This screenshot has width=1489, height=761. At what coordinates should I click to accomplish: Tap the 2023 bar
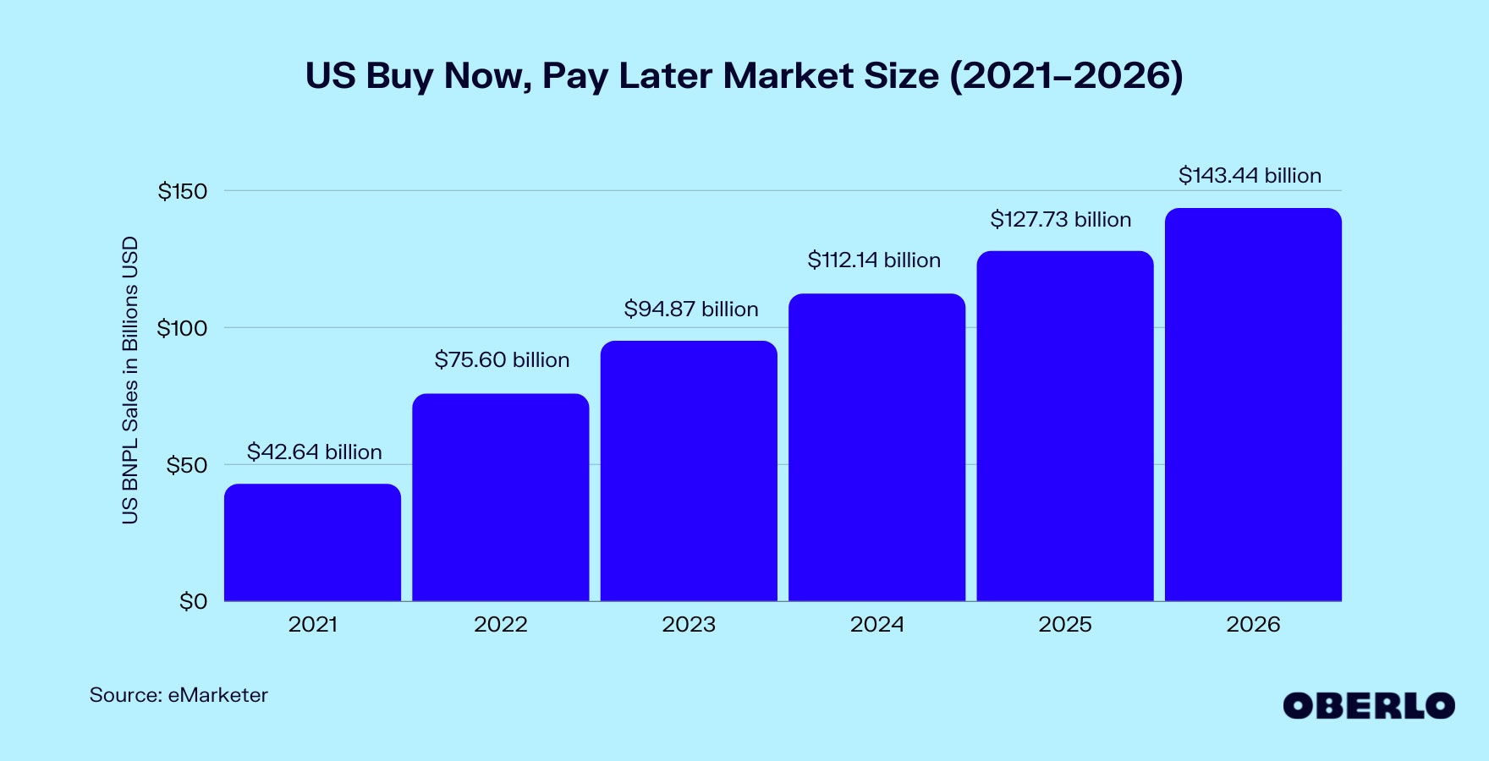pyautogui.click(x=689, y=471)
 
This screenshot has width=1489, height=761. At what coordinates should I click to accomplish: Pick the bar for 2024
pyautogui.click(x=876, y=447)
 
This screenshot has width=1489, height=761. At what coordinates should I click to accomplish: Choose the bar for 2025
pyautogui.click(x=1064, y=426)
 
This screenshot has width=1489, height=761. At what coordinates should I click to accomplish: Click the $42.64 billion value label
pyautogui.click(x=314, y=452)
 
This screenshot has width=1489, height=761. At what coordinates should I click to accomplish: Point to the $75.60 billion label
pyautogui.click(x=502, y=360)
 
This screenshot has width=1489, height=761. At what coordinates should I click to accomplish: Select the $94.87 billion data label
pyautogui.click(x=690, y=309)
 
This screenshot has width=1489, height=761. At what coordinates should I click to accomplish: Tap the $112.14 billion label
pyautogui.click(x=874, y=260)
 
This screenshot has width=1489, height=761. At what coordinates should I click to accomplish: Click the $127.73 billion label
pyautogui.click(x=1060, y=220)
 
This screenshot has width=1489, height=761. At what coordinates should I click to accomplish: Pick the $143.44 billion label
pyautogui.click(x=1250, y=176)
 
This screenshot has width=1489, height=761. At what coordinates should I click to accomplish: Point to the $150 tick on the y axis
pyautogui.click(x=182, y=192)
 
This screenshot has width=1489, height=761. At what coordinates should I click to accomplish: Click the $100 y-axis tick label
pyautogui.click(x=182, y=329)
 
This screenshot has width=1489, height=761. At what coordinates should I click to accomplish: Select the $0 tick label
pyautogui.click(x=193, y=602)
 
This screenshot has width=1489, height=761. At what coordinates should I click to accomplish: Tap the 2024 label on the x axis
pyautogui.click(x=876, y=625)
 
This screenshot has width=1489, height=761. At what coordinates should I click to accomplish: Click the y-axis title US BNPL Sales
pyautogui.click(x=129, y=380)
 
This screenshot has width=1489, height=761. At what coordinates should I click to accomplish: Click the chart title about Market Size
pyautogui.click(x=744, y=76)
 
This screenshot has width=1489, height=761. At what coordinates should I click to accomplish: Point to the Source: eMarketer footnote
pyautogui.click(x=179, y=695)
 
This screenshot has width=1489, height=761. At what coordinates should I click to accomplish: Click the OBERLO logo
pyautogui.click(x=1368, y=706)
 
